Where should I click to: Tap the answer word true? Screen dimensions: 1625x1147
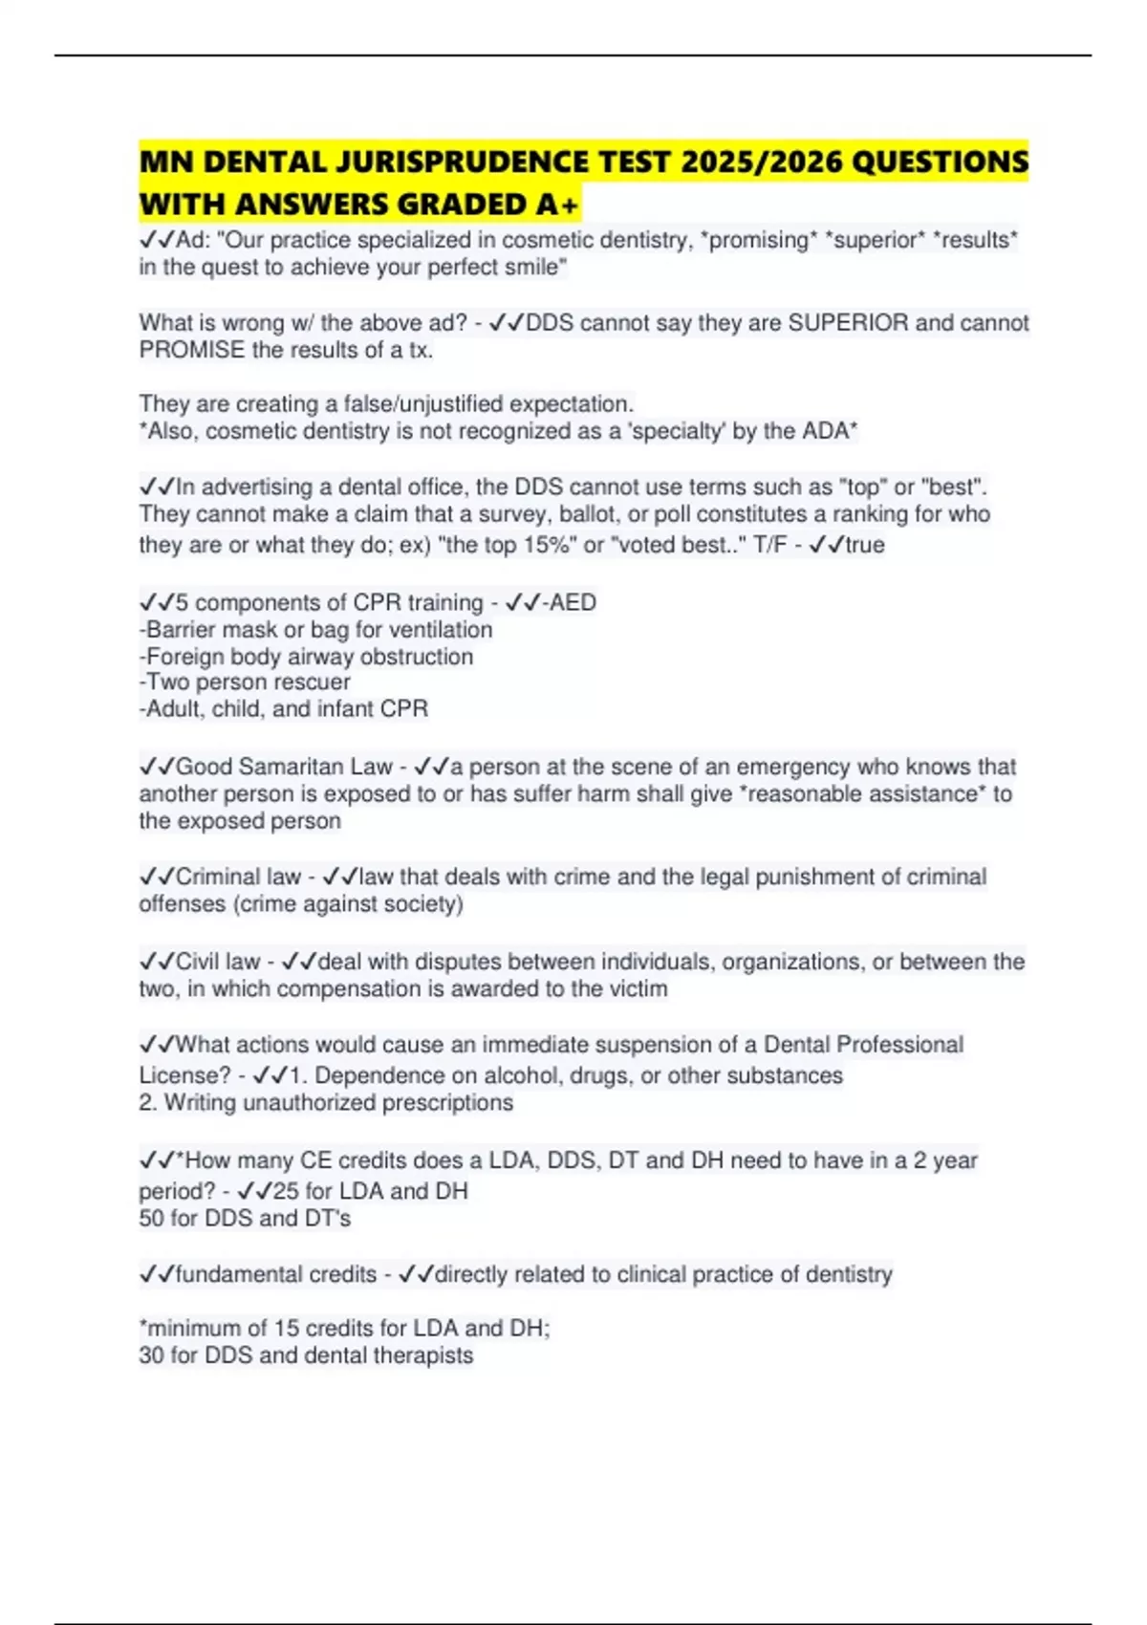[x=865, y=545]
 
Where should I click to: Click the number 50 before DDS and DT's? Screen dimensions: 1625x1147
[x=151, y=1219]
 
